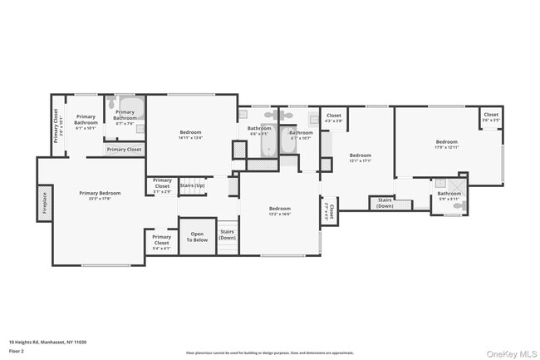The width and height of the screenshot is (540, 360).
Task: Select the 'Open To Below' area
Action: coord(197,236)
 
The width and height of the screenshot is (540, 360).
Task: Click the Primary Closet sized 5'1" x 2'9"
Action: coord(162,186)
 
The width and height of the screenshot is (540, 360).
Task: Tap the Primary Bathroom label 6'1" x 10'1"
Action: coord(86,123)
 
